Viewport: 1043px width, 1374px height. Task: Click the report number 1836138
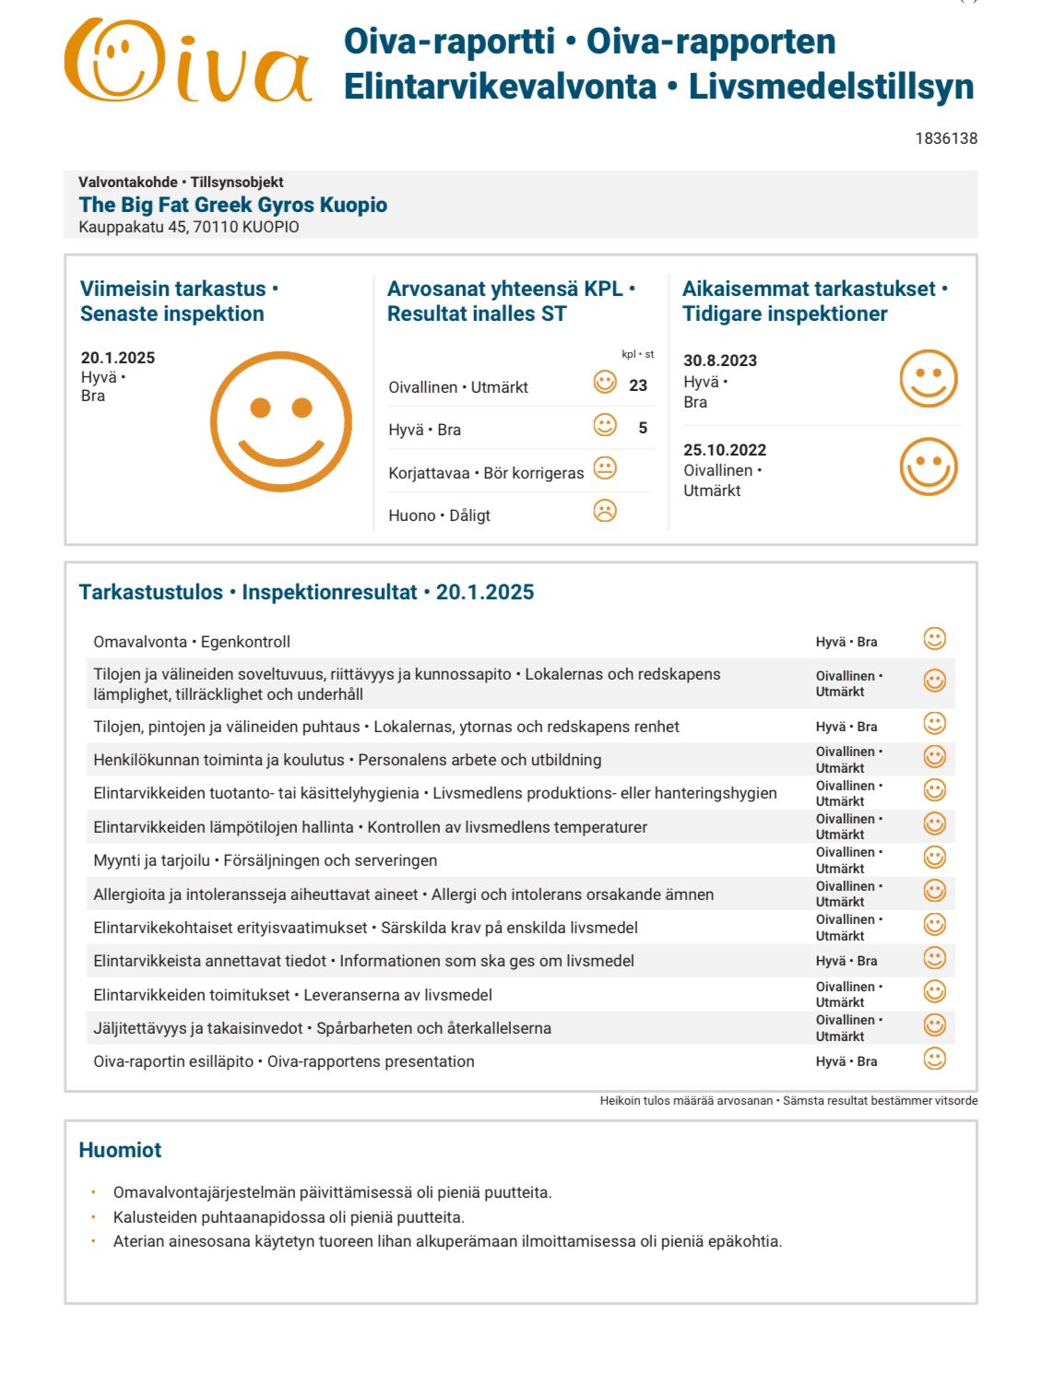(945, 138)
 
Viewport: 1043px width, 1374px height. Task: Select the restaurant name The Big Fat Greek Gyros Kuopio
(232, 205)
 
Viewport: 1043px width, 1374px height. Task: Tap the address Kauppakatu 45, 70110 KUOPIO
(188, 227)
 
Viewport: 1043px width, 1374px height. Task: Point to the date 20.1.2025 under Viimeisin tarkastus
(117, 358)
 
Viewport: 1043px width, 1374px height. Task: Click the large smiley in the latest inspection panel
(280, 421)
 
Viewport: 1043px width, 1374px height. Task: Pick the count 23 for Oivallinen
(637, 385)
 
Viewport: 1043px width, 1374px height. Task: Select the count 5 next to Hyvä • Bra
(643, 428)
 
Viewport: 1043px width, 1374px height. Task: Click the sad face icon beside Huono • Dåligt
(604, 511)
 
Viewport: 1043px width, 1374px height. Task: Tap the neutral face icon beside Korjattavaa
(604, 468)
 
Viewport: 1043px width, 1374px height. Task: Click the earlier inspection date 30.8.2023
(719, 361)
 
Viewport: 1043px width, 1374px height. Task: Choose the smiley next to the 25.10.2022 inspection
(928, 467)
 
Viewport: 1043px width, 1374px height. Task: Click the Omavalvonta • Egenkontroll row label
(192, 642)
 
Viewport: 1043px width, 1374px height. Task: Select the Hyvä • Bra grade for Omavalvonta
(846, 642)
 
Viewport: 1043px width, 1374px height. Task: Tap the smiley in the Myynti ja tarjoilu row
(934, 858)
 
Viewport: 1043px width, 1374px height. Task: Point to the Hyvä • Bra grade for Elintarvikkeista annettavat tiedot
(846, 961)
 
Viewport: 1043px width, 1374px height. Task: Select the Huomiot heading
(120, 1150)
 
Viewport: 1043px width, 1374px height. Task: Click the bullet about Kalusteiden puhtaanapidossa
(288, 1217)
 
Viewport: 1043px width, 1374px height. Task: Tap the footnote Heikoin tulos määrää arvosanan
(686, 1100)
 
